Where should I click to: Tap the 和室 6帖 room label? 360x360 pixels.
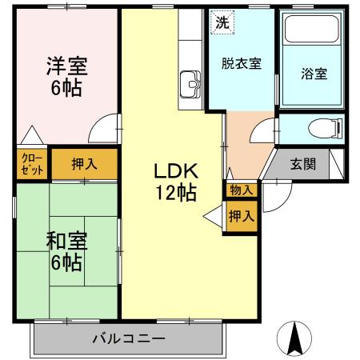click(66, 250)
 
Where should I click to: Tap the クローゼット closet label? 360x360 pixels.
click(31, 165)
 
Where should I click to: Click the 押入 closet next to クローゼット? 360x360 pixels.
click(85, 165)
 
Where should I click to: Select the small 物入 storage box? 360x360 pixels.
click(241, 190)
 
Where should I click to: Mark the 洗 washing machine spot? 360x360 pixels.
click(222, 22)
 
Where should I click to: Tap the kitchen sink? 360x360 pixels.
click(191, 82)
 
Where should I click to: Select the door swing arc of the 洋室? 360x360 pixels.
click(102, 128)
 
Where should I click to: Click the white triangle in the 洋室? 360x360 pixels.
click(31, 137)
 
